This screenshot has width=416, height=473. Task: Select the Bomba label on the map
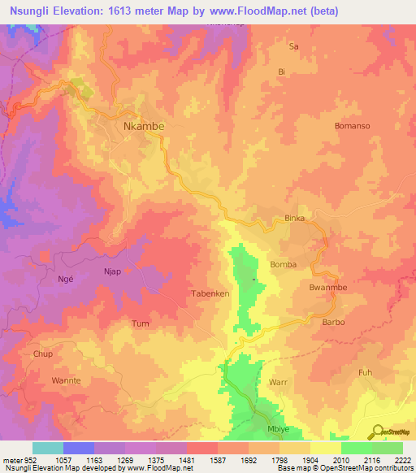pyautogui.click(x=283, y=265)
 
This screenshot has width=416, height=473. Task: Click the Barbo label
pyautogui.click(x=334, y=322)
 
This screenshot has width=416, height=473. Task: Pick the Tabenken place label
pyautogui.click(x=210, y=293)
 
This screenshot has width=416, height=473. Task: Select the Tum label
pyautogui.click(x=141, y=323)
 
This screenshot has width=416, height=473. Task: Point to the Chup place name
pyautogui.click(x=42, y=354)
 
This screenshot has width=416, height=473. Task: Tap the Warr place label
pyautogui.click(x=278, y=381)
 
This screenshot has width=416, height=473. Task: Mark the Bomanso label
pyautogui.click(x=352, y=126)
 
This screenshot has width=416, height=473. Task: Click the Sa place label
pyautogui.click(x=295, y=47)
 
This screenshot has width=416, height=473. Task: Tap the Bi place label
pyautogui.click(x=282, y=72)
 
